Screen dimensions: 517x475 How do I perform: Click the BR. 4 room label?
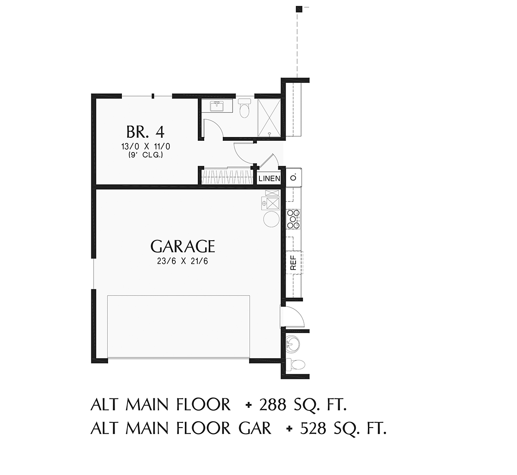tap(145, 132)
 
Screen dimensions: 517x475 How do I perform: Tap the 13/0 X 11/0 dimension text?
tap(146, 147)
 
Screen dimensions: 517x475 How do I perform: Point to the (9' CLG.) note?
tap(145, 155)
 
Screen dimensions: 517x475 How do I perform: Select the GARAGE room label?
tap(183, 246)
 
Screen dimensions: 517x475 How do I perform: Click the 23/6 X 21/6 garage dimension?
tap(183, 261)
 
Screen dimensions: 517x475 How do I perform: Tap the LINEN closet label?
tap(269, 178)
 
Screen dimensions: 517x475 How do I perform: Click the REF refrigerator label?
tap(293, 263)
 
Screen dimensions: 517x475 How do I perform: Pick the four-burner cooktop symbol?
tap(293, 219)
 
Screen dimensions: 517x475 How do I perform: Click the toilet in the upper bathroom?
tap(244, 108)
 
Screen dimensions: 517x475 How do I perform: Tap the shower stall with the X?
tap(269, 118)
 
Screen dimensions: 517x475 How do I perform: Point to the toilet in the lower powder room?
tap(296, 364)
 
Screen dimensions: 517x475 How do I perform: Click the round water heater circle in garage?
tap(271, 219)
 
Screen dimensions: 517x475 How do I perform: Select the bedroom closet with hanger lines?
tap(227, 176)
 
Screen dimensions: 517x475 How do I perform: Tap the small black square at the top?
tap(299, 9)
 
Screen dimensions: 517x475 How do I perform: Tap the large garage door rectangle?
tap(179, 326)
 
